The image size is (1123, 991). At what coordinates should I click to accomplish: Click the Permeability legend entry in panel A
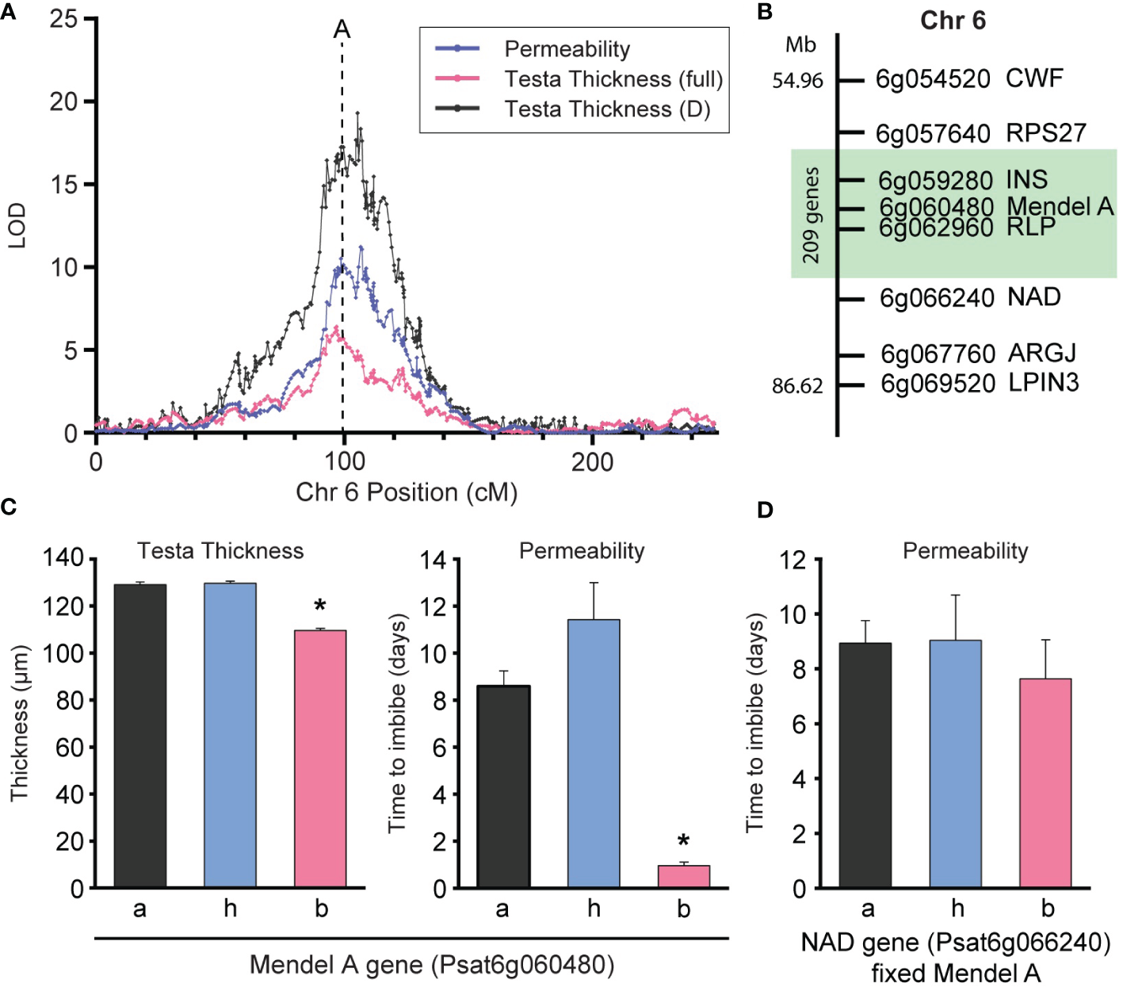coord(567,49)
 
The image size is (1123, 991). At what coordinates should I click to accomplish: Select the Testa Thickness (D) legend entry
coord(607,109)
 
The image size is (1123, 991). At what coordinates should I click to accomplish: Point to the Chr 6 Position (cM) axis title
coord(407,492)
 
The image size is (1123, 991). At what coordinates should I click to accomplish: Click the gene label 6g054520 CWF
coord(968,79)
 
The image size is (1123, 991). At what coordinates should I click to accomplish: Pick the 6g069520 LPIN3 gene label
coord(980,384)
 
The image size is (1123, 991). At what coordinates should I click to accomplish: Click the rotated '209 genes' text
coord(810,214)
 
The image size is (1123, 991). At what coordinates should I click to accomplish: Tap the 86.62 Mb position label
coord(797,386)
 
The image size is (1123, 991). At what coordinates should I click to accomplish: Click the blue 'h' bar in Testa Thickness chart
coord(230,733)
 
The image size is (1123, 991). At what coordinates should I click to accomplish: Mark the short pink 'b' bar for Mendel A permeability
coord(683,876)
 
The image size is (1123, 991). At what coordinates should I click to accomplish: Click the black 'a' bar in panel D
coord(865,765)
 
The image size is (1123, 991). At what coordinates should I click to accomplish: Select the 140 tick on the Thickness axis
coord(63,559)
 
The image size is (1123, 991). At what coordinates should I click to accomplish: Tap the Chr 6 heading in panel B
coord(953,21)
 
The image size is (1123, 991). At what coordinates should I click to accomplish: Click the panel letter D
coord(765,510)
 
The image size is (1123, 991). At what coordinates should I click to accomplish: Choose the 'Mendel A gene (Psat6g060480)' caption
coord(432,965)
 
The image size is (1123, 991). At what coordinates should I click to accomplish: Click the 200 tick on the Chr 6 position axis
coord(592,462)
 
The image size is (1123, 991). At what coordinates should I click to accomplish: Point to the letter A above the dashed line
coord(342,29)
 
